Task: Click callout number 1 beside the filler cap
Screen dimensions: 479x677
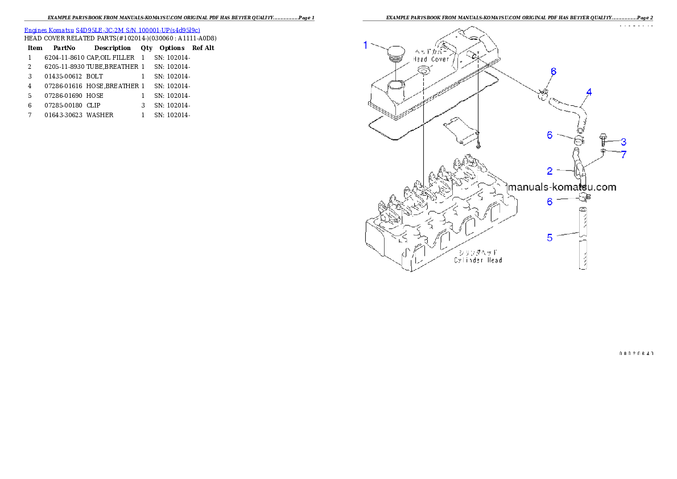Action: point(366,45)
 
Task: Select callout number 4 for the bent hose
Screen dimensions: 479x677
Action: point(589,92)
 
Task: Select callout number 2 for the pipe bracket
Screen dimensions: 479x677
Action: point(550,171)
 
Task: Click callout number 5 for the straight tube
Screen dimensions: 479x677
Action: point(550,238)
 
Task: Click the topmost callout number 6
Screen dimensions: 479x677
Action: point(553,72)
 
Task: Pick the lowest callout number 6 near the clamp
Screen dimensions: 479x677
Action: point(550,201)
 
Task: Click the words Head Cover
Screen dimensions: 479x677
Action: point(431,59)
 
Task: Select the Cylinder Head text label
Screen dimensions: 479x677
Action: point(478,260)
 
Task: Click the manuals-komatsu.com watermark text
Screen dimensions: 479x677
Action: point(562,187)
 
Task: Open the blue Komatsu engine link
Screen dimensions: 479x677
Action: point(112,30)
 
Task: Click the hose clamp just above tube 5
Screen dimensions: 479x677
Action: point(584,197)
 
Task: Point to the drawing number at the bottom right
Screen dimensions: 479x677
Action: point(635,353)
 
